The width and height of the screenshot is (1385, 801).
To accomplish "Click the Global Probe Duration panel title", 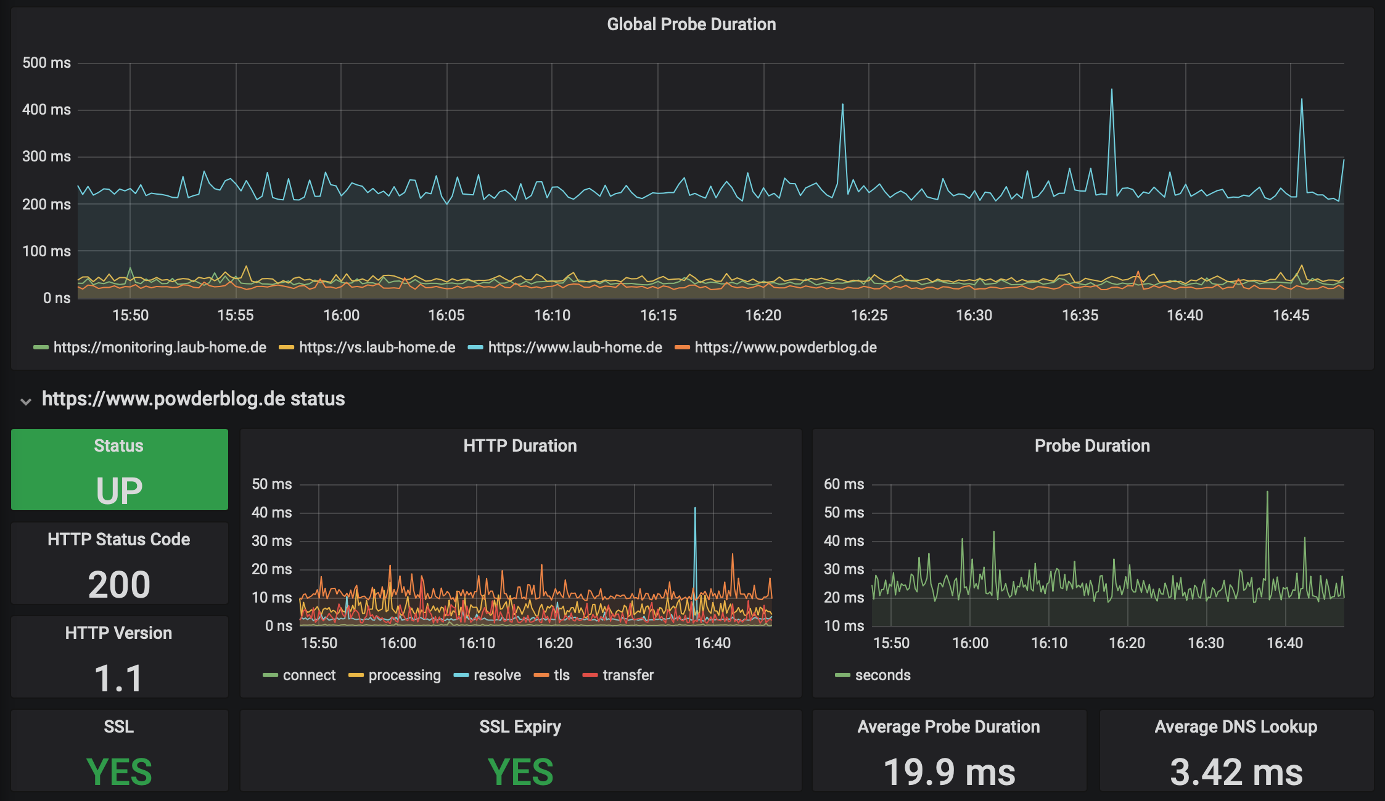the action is point(691,24).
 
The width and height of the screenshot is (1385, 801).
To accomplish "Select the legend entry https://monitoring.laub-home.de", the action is point(150,348).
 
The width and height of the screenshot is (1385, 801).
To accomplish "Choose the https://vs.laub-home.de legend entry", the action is point(367,348).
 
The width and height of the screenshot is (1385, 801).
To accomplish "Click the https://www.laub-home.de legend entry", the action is point(565,348).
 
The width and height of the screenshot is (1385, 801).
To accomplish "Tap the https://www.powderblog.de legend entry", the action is point(776,348).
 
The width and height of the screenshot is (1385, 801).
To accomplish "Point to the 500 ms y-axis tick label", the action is point(46,63).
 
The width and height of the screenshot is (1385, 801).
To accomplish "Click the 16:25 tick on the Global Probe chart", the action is point(869,315).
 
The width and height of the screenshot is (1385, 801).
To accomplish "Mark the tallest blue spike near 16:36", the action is point(1112,90).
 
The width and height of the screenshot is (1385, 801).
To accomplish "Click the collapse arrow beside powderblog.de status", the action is point(26,401).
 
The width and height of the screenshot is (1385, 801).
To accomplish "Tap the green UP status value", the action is point(119,491).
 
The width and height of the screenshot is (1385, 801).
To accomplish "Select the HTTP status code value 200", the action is point(119,585).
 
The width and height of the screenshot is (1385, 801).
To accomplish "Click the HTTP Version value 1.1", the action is point(118,678).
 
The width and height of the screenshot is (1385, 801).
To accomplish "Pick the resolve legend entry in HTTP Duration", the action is point(487,675).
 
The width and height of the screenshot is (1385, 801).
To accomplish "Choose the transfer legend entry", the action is point(618,675).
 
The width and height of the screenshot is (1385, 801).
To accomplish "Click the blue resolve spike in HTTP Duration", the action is point(695,509).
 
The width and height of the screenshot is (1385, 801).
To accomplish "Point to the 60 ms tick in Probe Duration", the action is point(844,484).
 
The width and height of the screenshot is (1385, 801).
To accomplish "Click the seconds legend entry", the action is point(873,675).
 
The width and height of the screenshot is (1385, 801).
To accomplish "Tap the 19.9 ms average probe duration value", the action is point(949,772).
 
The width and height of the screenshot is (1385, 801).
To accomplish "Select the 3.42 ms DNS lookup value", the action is point(1236,772).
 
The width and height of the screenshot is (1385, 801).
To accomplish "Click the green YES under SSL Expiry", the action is point(520,772).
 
